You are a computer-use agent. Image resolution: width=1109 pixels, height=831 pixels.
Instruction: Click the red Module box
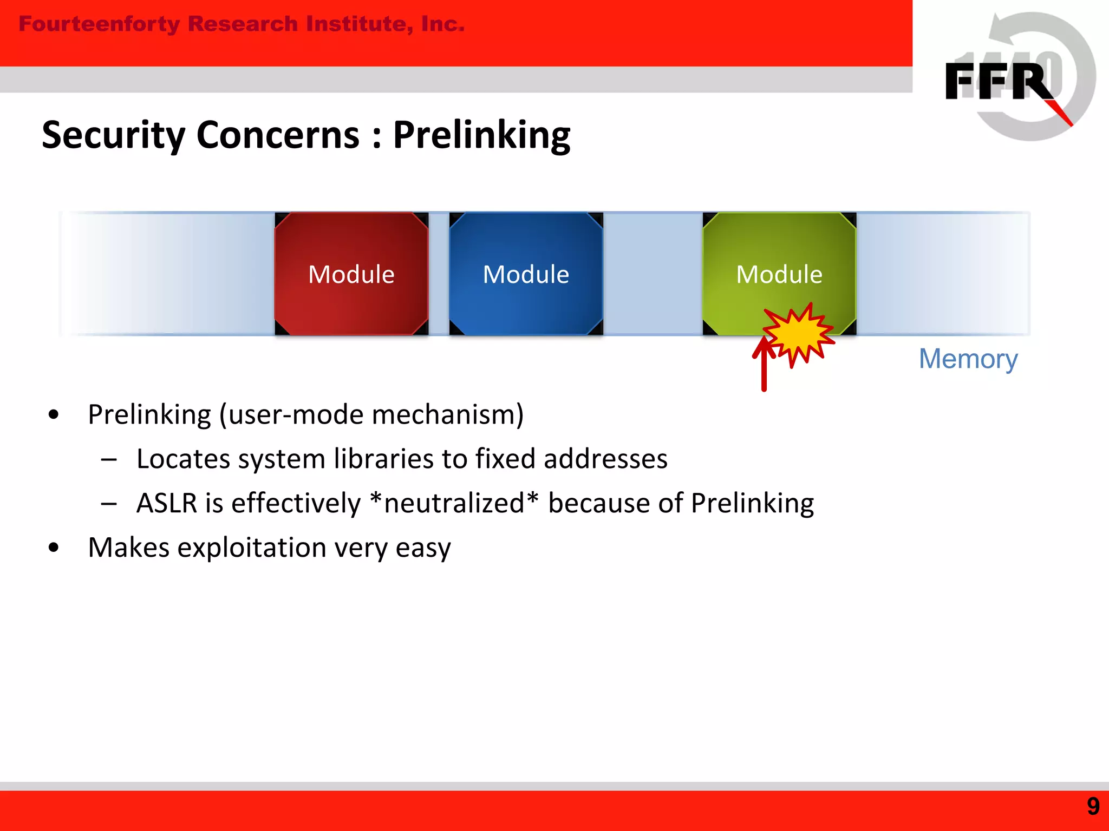coord(351,273)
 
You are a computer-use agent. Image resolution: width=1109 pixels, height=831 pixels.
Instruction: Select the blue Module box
coord(526,273)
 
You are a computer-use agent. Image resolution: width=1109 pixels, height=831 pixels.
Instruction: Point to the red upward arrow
coord(764,368)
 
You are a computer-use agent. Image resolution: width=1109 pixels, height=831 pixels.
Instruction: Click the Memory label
coord(968,359)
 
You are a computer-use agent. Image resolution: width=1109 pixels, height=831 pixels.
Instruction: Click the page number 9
coord(1093,806)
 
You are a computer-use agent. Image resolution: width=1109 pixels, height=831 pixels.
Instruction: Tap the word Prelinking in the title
coord(481,135)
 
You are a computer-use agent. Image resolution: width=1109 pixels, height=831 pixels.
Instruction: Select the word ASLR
coord(167,503)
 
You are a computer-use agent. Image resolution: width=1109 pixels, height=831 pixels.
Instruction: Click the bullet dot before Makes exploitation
coord(53,548)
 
